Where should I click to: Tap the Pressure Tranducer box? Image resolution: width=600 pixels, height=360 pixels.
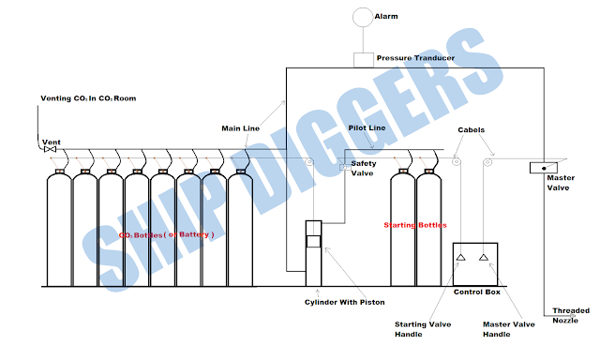[362, 59]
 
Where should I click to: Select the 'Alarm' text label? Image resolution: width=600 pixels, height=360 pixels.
[386, 17]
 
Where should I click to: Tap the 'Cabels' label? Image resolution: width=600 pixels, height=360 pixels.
[472, 130]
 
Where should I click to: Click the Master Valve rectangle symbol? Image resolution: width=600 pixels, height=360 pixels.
[541, 168]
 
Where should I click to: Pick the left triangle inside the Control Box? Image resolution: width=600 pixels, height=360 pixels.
[461, 257]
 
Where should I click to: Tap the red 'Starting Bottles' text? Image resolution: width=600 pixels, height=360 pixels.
[414, 226]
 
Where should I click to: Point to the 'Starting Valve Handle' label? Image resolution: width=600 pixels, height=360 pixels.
[415, 330]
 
